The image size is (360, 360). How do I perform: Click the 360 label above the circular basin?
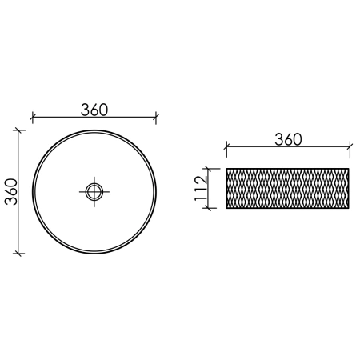click(x=94, y=110)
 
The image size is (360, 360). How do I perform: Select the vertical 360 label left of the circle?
click(x=11, y=192)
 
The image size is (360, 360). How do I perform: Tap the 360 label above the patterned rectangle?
click(x=288, y=139)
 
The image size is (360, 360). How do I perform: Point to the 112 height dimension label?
click(x=201, y=188)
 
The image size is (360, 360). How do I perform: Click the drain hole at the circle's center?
click(x=94, y=192)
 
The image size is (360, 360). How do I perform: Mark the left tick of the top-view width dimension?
click(x=32, y=117)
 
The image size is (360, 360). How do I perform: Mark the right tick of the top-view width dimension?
click(x=156, y=117)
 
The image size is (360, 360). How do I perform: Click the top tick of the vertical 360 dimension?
click(x=18, y=130)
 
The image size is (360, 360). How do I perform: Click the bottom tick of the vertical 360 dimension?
click(x=18, y=254)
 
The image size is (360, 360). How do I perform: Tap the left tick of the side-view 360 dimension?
click(x=226, y=146)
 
